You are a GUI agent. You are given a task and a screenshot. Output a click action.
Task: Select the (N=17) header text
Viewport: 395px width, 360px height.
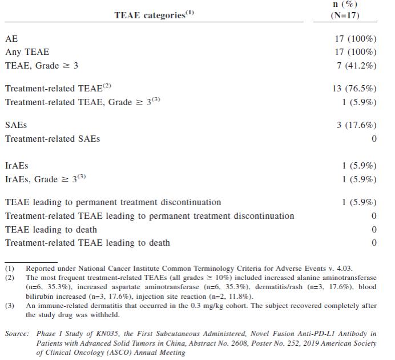tap(345, 15)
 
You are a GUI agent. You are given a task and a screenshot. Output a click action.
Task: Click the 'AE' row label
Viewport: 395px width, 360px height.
tap(11, 39)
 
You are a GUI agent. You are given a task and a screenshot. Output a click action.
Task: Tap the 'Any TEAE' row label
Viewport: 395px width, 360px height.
tap(27, 52)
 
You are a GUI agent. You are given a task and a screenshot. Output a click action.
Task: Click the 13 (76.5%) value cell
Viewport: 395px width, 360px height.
tap(354, 89)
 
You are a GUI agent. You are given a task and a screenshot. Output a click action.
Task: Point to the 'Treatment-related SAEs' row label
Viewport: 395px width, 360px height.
tap(53, 138)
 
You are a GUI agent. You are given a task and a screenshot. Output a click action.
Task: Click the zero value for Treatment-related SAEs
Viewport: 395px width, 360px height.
tap(374, 138)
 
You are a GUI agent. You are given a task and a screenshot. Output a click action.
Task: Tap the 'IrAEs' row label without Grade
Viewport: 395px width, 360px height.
tap(17, 166)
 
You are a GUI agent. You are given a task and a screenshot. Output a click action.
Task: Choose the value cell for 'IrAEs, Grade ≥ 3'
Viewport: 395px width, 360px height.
tap(356, 179)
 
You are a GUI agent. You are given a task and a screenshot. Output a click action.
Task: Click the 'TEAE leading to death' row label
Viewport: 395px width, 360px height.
tap(51, 230)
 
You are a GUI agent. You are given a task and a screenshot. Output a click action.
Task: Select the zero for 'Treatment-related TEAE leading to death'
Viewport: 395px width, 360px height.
tap(374, 243)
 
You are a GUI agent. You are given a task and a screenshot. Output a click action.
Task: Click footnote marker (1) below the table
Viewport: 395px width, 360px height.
tap(10, 268)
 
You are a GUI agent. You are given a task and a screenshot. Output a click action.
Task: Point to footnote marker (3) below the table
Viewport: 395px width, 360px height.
tap(10, 306)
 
